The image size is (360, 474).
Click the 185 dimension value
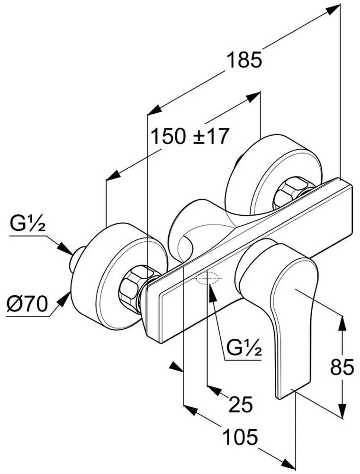[244, 60]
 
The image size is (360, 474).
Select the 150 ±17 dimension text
[189, 136]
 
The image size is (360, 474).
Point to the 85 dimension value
[342, 367]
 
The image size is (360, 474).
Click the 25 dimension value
[241, 405]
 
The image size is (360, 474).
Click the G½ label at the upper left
[27, 224]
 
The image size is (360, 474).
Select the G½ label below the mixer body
[244, 348]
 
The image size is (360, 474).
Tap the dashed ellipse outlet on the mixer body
[207, 278]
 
